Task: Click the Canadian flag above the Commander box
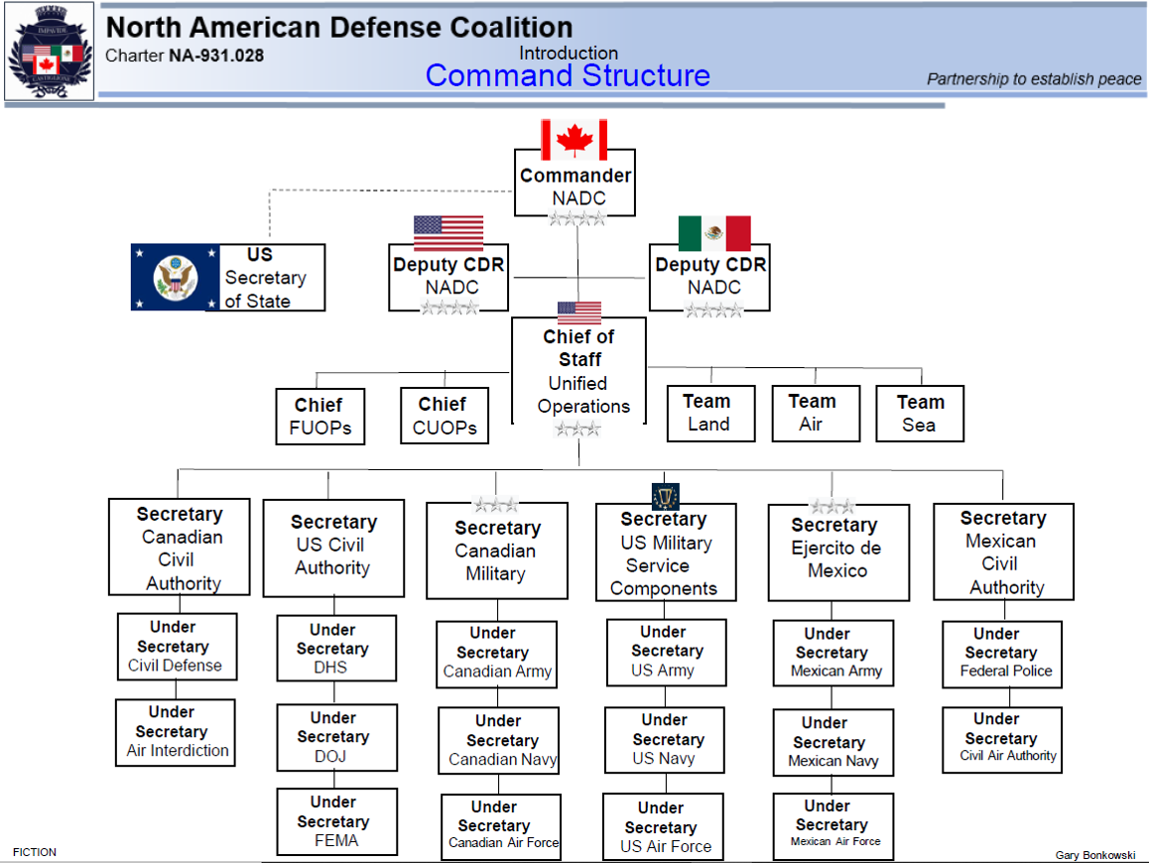tap(574, 140)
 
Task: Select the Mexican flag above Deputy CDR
tap(714, 234)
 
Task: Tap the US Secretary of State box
tap(265, 278)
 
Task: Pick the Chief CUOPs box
tap(445, 416)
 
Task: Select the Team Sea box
tap(920, 414)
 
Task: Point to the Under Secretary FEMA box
tap(336, 821)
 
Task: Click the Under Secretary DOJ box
tap(336, 737)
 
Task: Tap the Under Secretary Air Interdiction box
tap(176, 732)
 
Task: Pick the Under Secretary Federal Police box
tap(1002, 654)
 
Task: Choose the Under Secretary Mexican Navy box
tap(832, 742)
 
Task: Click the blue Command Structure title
tap(568, 75)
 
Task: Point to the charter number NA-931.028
tap(215, 56)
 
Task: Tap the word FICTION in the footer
tap(35, 852)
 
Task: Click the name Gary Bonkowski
tap(1095, 855)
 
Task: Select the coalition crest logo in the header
tap(49, 52)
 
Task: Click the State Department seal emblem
tap(175, 277)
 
